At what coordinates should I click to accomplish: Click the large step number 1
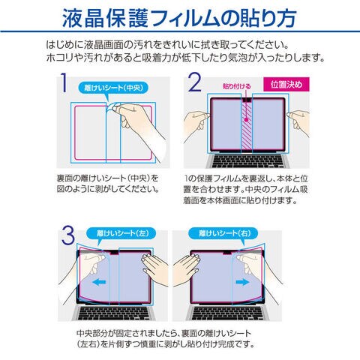point(64,82)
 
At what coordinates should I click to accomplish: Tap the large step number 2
point(194,82)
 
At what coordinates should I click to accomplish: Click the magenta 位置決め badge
point(286,85)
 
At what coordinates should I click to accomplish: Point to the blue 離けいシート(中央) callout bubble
point(113,88)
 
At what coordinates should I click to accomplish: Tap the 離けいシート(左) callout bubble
point(121,233)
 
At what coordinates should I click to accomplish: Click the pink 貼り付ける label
point(236,86)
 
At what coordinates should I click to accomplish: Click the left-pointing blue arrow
point(99,283)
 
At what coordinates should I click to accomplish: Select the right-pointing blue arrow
point(242,283)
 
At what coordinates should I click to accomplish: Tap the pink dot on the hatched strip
point(246,120)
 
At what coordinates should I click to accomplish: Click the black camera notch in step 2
point(247,100)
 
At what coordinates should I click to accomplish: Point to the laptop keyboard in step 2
point(247,161)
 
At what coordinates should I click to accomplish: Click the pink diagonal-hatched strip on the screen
point(247,127)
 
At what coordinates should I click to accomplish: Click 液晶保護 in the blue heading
point(106,18)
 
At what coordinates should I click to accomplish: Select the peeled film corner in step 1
point(112,106)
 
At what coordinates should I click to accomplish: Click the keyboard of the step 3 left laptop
point(115,313)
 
